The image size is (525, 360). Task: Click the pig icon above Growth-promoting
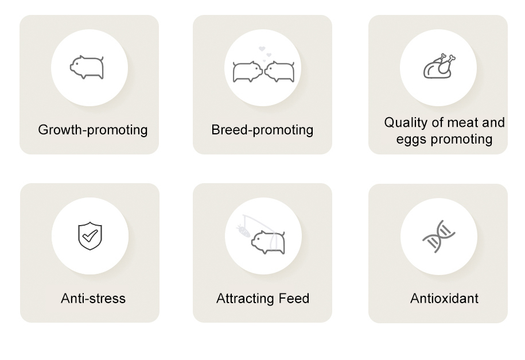click(87, 67)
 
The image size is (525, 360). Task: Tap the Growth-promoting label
click(93, 130)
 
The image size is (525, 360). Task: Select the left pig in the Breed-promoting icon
click(247, 71)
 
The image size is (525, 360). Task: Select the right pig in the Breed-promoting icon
click(279, 71)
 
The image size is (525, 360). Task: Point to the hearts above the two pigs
click(265, 53)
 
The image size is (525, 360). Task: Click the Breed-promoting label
click(262, 130)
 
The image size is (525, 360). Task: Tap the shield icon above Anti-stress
click(90, 235)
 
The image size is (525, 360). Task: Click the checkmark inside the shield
click(90, 235)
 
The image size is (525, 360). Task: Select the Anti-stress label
click(93, 299)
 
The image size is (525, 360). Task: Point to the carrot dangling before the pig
click(243, 231)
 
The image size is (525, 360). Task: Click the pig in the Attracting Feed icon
click(268, 242)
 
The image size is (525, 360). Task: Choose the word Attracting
click(246, 299)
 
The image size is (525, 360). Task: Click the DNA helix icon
click(438, 237)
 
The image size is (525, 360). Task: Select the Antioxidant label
click(444, 299)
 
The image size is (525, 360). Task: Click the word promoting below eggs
click(461, 140)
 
